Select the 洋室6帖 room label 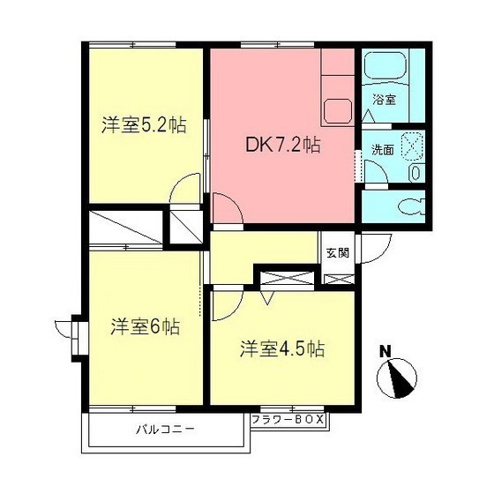click(x=145, y=326)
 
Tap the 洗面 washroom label click(x=382, y=150)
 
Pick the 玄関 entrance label click(x=337, y=252)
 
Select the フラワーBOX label click(x=288, y=420)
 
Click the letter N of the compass click(x=385, y=351)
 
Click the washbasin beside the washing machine click(x=415, y=173)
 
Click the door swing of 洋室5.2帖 click(x=188, y=189)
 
